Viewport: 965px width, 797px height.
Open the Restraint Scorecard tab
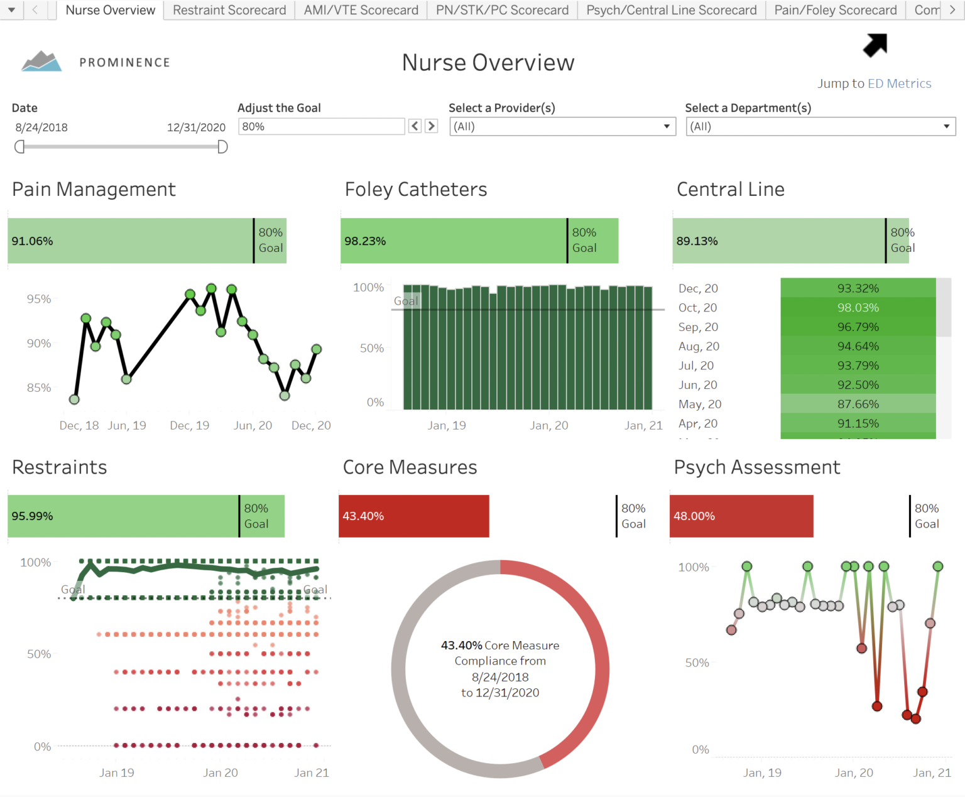point(229,10)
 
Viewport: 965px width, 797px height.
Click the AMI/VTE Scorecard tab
point(361,10)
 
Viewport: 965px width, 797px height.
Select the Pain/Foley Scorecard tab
point(835,10)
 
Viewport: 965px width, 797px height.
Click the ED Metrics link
point(899,84)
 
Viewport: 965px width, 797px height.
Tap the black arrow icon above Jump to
point(875,45)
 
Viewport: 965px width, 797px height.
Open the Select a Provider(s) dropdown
point(562,126)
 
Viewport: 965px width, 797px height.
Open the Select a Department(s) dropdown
point(821,126)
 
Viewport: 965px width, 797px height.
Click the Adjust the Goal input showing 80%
point(321,126)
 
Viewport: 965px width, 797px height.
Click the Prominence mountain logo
point(41,62)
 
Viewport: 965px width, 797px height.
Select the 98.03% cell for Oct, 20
point(858,308)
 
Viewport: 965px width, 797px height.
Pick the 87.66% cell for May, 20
point(858,404)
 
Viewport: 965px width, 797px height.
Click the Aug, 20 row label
point(699,346)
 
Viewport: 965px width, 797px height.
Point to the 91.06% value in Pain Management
point(33,241)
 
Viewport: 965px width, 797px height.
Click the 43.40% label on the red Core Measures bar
point(363,516)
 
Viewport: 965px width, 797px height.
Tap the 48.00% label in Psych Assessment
point(694,516)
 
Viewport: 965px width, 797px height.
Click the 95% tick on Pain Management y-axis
point(39,299)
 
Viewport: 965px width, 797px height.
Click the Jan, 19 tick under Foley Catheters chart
point(447,425)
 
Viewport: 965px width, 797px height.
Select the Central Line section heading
point(730,189)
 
